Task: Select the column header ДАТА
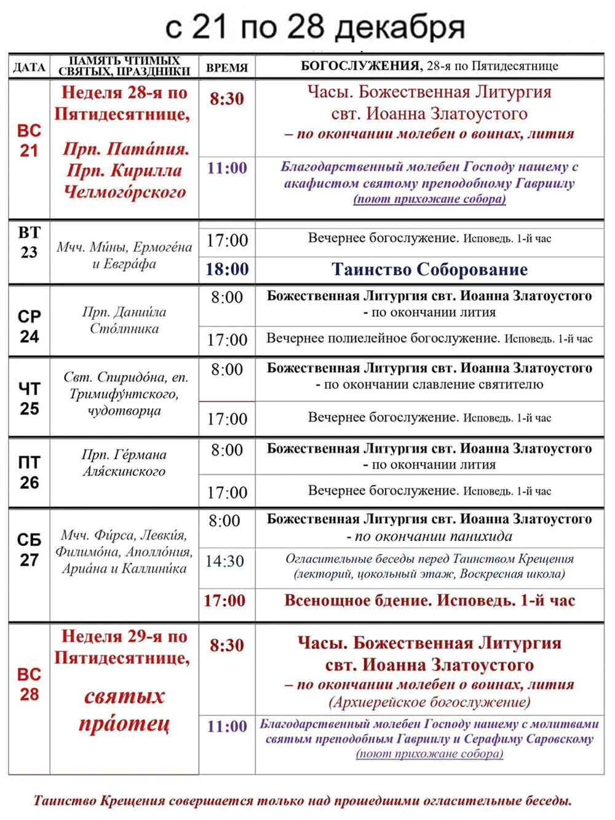29,68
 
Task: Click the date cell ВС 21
29,140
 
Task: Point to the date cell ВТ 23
29,242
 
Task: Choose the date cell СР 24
29,326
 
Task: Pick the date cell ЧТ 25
29,398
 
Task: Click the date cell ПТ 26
29,472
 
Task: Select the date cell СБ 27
29,550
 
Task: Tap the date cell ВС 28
29,684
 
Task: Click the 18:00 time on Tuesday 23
227,269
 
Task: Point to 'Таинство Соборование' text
429,269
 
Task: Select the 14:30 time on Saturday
225,561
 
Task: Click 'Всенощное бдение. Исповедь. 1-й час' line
429,601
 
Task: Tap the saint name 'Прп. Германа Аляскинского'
124,463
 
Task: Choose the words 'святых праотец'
124,710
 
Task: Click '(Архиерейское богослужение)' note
429,701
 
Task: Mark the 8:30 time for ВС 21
227,98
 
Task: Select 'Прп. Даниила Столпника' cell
124,320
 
